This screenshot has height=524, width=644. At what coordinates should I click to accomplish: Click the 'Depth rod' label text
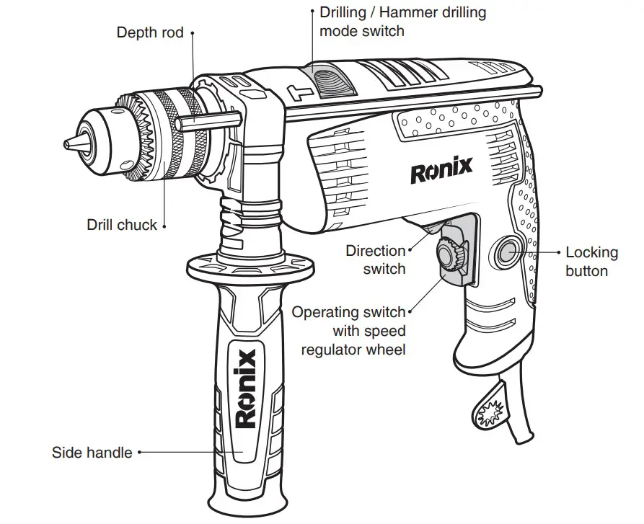(x=150, y=33)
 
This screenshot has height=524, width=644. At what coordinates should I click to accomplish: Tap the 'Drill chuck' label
(x=121, y=225)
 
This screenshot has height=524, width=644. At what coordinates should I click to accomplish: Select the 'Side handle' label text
(x=92, y=453)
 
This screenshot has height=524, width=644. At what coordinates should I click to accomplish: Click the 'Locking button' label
(x=591, y=262)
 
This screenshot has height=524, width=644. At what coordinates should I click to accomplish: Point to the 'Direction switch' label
(x=375, y=260)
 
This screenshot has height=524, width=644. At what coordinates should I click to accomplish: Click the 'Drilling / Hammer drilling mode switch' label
(x=402, y=22)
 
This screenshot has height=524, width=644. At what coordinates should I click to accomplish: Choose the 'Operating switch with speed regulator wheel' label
(x=348, y=332)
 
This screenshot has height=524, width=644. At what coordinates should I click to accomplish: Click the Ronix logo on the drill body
(x=441, y=172)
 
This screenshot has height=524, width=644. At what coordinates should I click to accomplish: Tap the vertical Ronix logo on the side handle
(x=246, y=388)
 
